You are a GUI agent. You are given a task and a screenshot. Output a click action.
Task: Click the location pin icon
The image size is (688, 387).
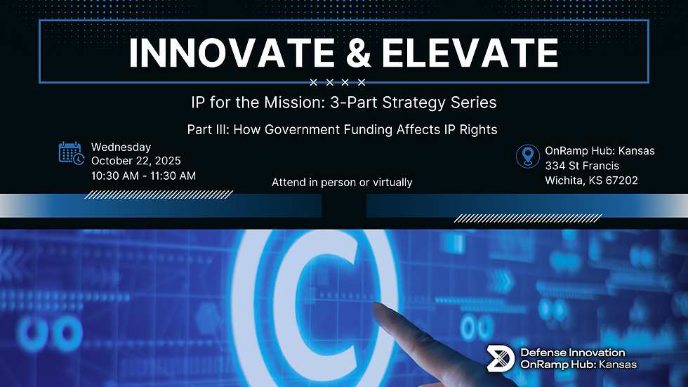click(x=527, y=156)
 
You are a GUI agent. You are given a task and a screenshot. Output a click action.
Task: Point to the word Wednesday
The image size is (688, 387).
click(x=121, y=147)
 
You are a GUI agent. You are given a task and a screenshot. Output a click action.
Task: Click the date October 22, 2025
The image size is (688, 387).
click(x=135, y=161)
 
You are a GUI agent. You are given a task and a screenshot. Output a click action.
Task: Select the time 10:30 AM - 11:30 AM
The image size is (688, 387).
click(x=143, y=175)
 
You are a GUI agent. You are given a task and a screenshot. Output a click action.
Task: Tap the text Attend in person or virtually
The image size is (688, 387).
click(x=342, y=182)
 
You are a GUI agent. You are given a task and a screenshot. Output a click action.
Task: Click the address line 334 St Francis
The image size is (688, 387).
click(x=582, y=166)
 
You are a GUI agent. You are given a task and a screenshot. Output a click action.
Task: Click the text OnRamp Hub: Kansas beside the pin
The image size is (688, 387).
click(x=600, y=151)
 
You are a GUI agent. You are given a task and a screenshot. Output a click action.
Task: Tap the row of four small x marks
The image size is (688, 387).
click(x=338, y=83)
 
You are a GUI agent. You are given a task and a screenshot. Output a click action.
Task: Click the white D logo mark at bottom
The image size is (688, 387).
click(x=501, y=358)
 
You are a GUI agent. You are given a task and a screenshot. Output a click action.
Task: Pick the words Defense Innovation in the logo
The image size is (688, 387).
click(x=573, y=353)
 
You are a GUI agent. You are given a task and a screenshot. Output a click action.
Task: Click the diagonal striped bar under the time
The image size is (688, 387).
click(x=158, y=194)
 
